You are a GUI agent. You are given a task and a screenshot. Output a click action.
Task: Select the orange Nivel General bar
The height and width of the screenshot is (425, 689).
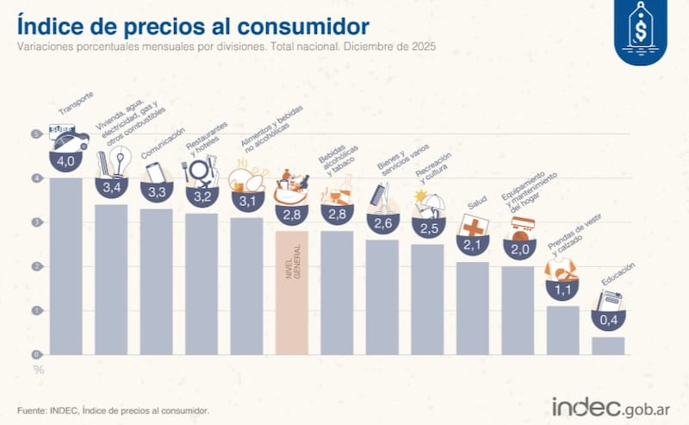click(x=292, y=293)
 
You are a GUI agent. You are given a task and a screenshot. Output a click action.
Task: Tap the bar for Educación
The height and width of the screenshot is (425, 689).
click(x=608, y=345)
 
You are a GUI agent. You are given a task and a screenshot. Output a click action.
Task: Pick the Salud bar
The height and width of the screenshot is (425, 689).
click(x=473, y=308)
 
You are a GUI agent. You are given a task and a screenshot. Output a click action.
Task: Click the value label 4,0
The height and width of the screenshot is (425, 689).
click(x=65, y=161)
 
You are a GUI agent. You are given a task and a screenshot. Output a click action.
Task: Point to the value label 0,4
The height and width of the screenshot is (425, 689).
click(x=608, y=321)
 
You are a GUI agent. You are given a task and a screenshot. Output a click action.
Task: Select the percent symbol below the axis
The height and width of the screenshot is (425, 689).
click(x=37, y=369)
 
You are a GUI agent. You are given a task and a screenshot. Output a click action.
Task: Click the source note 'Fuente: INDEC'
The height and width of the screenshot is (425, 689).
click(x=113, y=410)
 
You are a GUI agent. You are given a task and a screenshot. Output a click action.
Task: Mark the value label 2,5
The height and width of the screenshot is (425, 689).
click(x=428, y=227)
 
